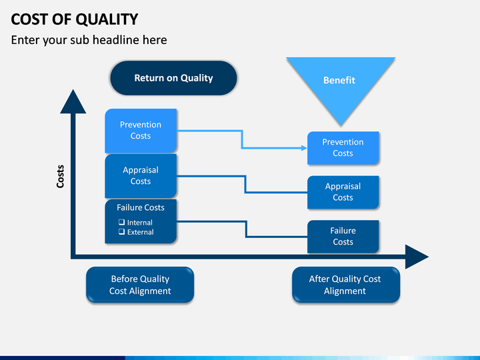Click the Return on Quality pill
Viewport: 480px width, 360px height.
(173, 78)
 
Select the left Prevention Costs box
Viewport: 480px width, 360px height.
(141, 131)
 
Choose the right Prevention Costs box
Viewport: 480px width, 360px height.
(343, 148)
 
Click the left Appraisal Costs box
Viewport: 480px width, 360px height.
(141, 176)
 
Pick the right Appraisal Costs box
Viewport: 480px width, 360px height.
(343, 192)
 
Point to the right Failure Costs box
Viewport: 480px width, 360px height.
(343, 237)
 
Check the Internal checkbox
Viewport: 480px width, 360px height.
(121, 222)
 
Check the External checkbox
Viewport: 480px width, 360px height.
(121, 231)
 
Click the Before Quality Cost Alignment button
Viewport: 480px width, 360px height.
(140, 285)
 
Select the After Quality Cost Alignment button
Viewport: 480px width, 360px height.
(346, 285)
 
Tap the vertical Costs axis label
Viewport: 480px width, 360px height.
(60, 176)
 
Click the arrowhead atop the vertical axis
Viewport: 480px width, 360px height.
(73, 101)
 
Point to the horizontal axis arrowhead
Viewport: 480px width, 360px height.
(417, 257)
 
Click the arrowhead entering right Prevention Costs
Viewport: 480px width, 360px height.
(304, 148)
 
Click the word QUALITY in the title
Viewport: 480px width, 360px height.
(107, 19)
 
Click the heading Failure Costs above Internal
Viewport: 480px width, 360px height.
(141, 207)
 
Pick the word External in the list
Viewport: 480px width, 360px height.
(141, 232)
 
